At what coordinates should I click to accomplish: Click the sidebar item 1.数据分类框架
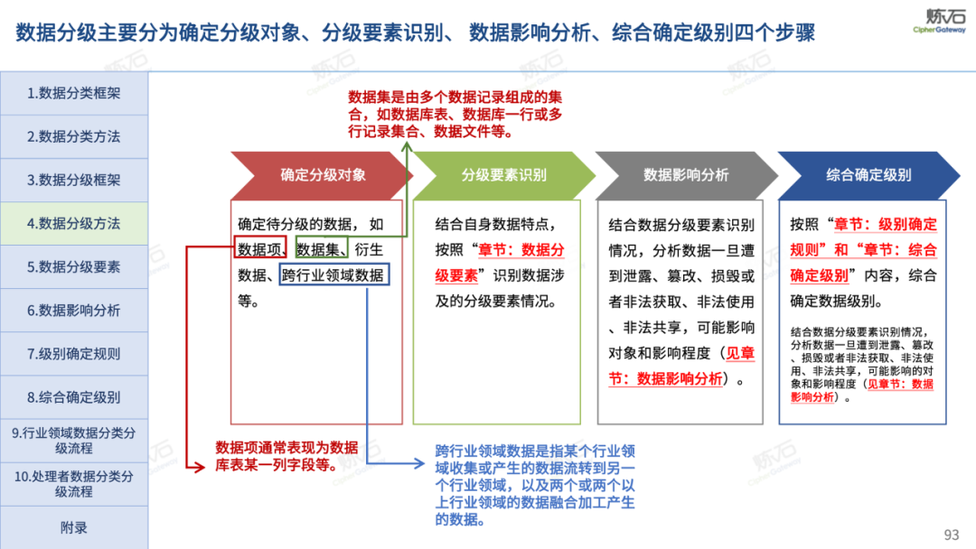click(74, 93)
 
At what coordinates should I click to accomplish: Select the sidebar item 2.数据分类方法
click(74, 136)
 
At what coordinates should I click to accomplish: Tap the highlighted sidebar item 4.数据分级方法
click(74, 223)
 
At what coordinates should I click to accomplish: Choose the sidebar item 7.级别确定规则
click(74, 353)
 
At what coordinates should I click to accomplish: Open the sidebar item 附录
click(74, 527)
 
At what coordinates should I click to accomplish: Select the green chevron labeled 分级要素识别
click(503, 175)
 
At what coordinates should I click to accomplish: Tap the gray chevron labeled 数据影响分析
click(686, 175)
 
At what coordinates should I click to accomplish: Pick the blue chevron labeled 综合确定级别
click(868, 175)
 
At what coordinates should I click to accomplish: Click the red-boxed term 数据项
click(262, 250)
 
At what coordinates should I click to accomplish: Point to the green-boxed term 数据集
click(322, 250)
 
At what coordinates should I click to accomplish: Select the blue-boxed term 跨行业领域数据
click(333, 275)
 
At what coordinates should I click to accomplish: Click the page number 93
click(952, 535)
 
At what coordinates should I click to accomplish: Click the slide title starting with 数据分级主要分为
click(416, 33)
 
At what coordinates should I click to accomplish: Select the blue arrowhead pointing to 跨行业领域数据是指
click(419, 464)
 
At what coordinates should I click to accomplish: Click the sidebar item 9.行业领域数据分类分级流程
click(74, 441)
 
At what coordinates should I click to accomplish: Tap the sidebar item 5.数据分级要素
click(74, 266)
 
